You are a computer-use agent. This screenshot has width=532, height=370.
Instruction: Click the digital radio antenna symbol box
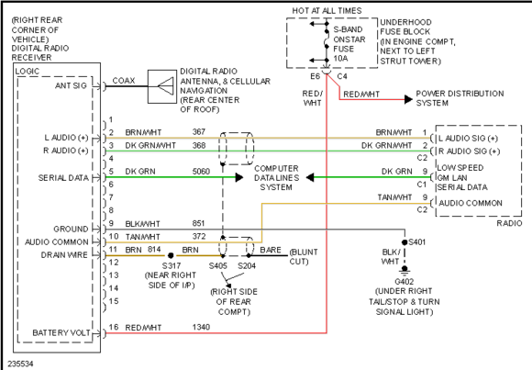[x=162, y=86]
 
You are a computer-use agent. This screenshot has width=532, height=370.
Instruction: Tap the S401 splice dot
[x=405, y=242]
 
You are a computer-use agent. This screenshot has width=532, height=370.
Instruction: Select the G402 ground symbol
[x=405, y=270]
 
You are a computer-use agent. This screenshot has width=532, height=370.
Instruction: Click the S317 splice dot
[x=171, y=255]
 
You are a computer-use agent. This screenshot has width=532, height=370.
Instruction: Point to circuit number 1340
[x=201, y=327]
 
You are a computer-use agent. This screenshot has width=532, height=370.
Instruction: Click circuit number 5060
[x=201, y=172]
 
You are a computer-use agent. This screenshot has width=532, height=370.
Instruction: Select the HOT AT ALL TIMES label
[x=327, y=11]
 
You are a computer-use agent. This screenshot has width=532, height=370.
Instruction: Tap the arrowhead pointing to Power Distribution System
[x=408, y=99]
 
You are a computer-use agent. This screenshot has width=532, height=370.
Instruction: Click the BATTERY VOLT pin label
[x=61, y=332]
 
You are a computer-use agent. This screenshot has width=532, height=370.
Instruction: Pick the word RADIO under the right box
[x=509, y=223]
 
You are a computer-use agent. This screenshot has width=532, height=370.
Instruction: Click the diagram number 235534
[x=21, y=364]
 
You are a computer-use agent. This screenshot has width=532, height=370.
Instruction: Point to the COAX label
[x=124, y=81]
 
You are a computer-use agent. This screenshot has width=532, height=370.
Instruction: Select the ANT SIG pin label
[x=71, y=85]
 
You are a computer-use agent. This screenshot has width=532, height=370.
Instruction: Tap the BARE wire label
[x=271, y=250]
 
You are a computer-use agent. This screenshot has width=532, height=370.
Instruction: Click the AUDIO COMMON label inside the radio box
[x=471, y=203]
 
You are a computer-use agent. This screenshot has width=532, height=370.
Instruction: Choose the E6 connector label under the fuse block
[x=316, y=76]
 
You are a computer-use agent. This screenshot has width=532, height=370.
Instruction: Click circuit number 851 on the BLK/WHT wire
[x=198, y=223]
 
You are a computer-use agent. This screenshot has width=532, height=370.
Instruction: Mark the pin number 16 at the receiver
[x=114, y=327]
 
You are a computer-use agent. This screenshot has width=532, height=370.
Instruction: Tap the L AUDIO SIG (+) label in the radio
[x=468, y=139]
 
